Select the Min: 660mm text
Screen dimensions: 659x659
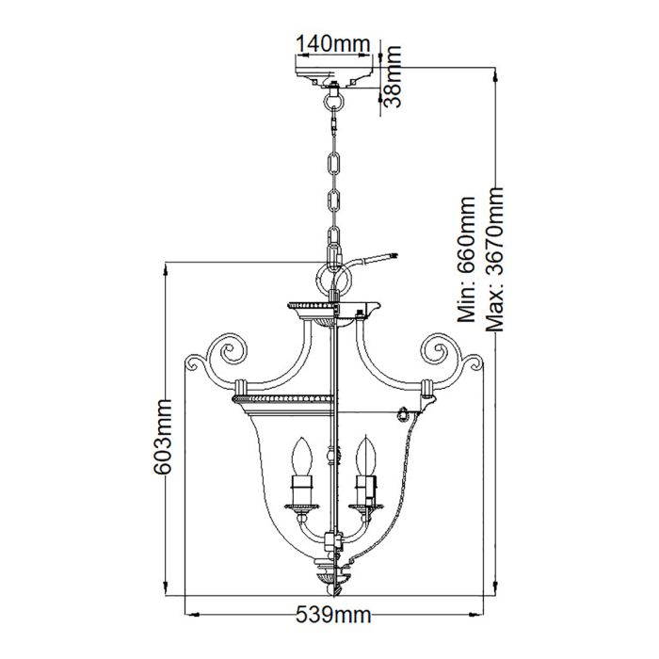(468, 259)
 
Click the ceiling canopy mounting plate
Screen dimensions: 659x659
(331, 72)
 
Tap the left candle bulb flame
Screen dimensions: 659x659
(303, 456)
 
